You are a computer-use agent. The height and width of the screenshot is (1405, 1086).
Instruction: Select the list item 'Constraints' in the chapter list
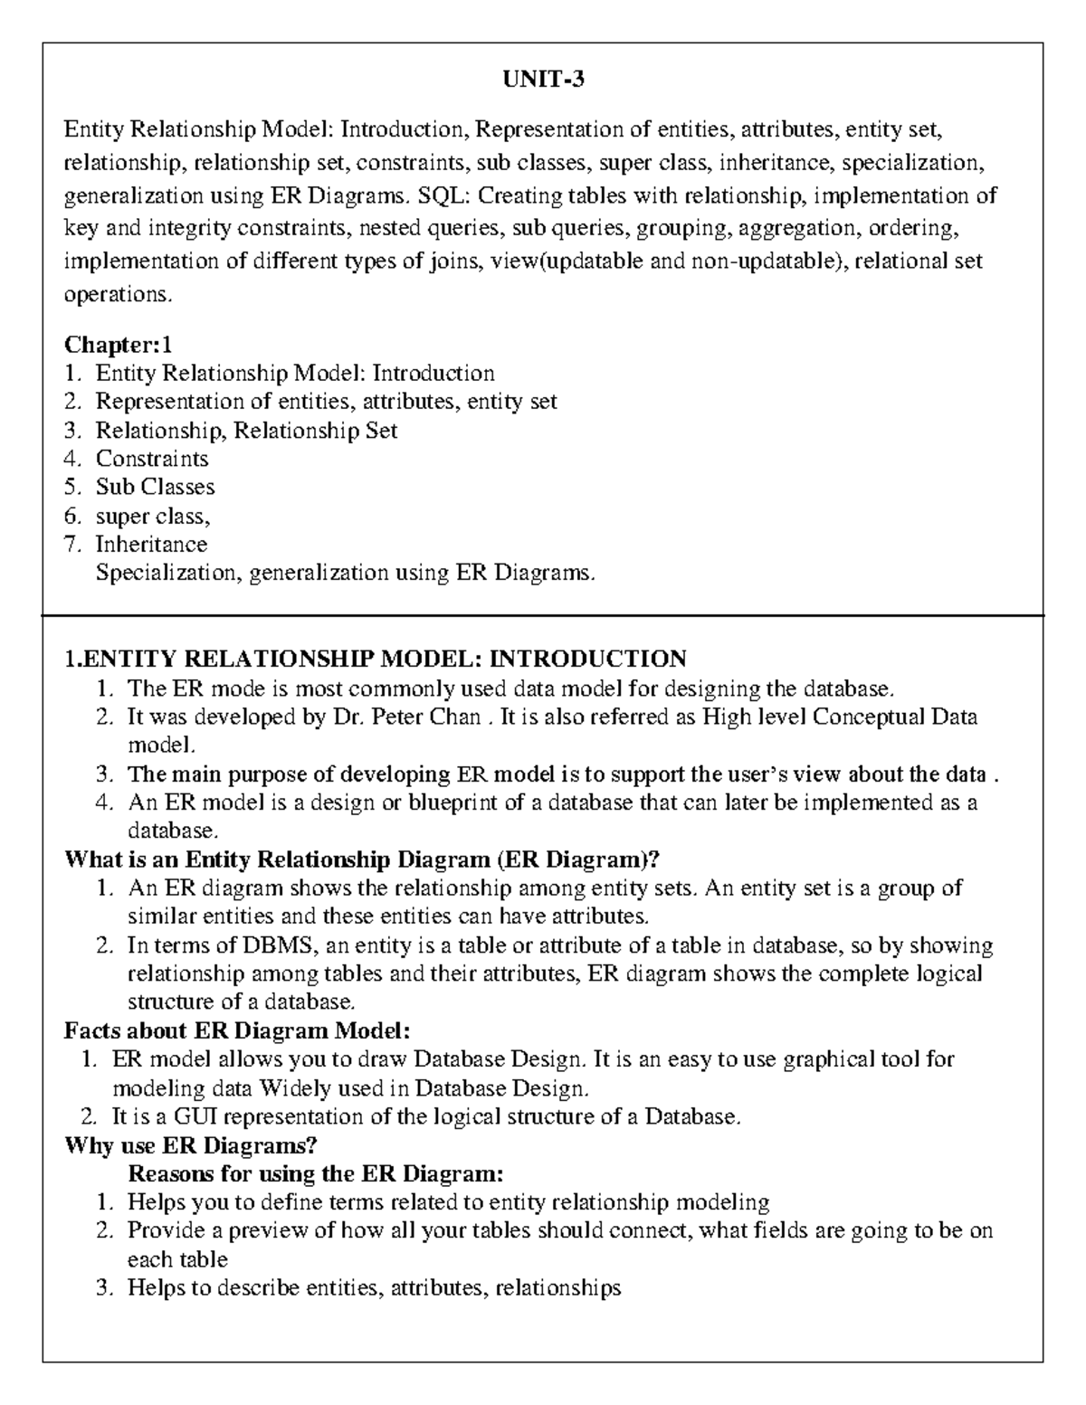(152, 459)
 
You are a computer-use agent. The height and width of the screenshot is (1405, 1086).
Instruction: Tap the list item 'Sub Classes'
(155, 487)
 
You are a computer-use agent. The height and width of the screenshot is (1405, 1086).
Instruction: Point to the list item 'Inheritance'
(151, 544)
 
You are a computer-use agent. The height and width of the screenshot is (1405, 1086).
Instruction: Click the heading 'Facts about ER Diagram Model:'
(238, 1030)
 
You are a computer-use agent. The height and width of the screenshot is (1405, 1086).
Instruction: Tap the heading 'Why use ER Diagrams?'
(191, 1145)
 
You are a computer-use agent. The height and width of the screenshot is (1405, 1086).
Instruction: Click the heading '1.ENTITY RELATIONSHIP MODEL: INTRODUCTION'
(376, 659)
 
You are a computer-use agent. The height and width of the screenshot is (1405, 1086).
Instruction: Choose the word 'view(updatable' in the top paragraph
(561, 261)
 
